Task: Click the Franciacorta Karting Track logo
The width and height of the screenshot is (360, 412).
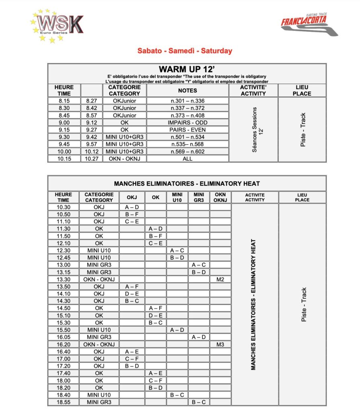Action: pyautogui.click(x=309, y=25)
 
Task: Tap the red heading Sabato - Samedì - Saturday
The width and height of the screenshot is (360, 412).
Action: pyautogui.click(x=185, y=51)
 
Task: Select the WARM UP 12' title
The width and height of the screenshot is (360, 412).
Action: pyautogui.click(x=187, y=69)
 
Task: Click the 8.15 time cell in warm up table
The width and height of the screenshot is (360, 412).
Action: pyautogui.click(x=64, y=101)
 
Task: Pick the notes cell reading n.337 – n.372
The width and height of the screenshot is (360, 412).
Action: pyautogui.click(x=187, y=108)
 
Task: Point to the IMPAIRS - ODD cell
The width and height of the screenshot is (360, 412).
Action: pyautogui.click(x=187, y=122)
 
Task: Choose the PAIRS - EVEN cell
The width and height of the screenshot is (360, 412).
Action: pyautogui.click(x=187, y=130)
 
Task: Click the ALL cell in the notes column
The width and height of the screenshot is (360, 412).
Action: pyautogui.click(x=187, y=159)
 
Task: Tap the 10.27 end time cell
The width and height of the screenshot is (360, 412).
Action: pyautogui.click(x=92, y=159)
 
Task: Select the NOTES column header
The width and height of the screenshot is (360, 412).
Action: pyautogui.click(x=187, y=91)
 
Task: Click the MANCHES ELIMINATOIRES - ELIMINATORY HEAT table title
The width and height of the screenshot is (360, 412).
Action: pyautogui.click(x=187, y=183)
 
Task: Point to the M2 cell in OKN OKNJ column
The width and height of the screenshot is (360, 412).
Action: pyautogui.click(x=220, y=279)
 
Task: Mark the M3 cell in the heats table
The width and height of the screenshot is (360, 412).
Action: pyautogui.click(x=220, y=344)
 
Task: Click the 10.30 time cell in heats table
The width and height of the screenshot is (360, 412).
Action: pyautogui.click(x=64, y=207)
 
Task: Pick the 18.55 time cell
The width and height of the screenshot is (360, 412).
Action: pyautogui.click(x=64, y=402)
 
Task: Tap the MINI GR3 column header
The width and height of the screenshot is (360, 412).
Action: pyautogui.click(x=199, y=197)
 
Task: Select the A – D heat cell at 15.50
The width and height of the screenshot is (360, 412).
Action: pyautogui.click(x=177, y=330)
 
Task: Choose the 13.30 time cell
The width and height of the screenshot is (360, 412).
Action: pyautogui.click(x=64, y=279)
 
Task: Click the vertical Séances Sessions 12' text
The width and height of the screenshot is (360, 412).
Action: pyautogui.click(x=253, y=130)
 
